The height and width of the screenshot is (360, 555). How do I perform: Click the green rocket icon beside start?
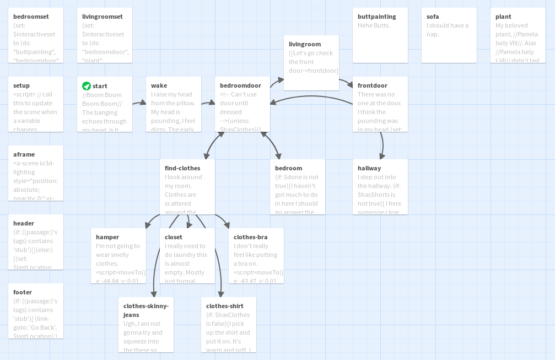(x=87, y=86)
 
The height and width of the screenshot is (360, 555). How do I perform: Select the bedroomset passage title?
(x=31, y=17)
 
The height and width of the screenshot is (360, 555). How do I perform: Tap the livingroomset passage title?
(x=103, y=17)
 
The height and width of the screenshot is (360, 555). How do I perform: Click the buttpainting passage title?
(x=377, y=17)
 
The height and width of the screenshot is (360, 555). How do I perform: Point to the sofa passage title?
(x=433, y=17)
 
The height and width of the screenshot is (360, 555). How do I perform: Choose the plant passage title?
(x=503, y=17)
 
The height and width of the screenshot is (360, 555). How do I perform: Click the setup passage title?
(x=21, y=85)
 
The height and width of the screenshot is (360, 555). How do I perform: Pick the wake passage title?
(x=159, y=85)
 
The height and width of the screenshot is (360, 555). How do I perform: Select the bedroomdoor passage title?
(x=241, y=85)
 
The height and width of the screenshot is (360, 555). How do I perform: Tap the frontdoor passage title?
(x=373, y=85)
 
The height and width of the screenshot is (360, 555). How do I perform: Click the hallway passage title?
(x=369, y=168)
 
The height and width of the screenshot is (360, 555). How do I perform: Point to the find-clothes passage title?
(x=182, y=168)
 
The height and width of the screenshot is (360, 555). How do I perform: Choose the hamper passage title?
(x=107, y=237)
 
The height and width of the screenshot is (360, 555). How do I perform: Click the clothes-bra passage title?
(x=251, y=237)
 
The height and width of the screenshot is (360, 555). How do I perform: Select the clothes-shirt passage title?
(x=225, y=306)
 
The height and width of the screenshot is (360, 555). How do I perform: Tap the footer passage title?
(x=23, y=292)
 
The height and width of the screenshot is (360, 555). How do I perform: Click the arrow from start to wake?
(x=139, y=103)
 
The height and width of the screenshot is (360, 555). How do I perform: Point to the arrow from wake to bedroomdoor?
(x=208, y=103)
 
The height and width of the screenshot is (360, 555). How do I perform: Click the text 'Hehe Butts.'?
(x=374, y=25)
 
